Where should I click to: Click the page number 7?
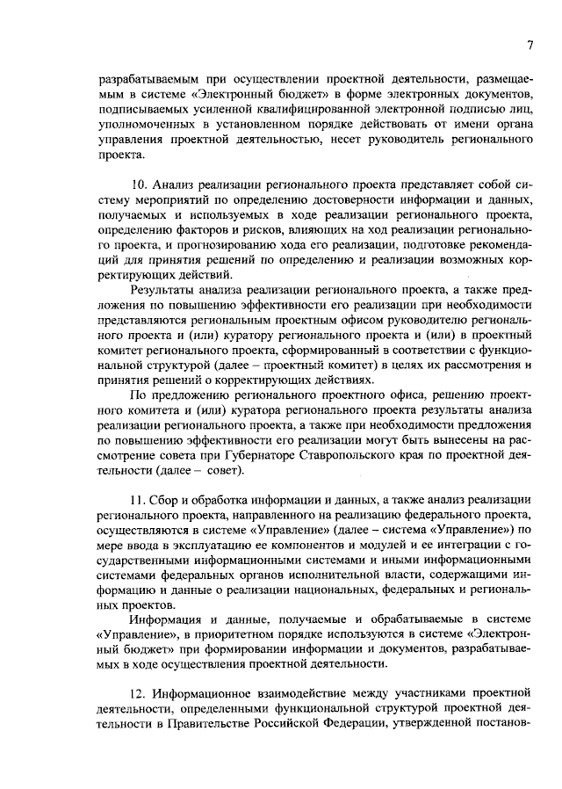530,46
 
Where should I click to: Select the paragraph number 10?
138,184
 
